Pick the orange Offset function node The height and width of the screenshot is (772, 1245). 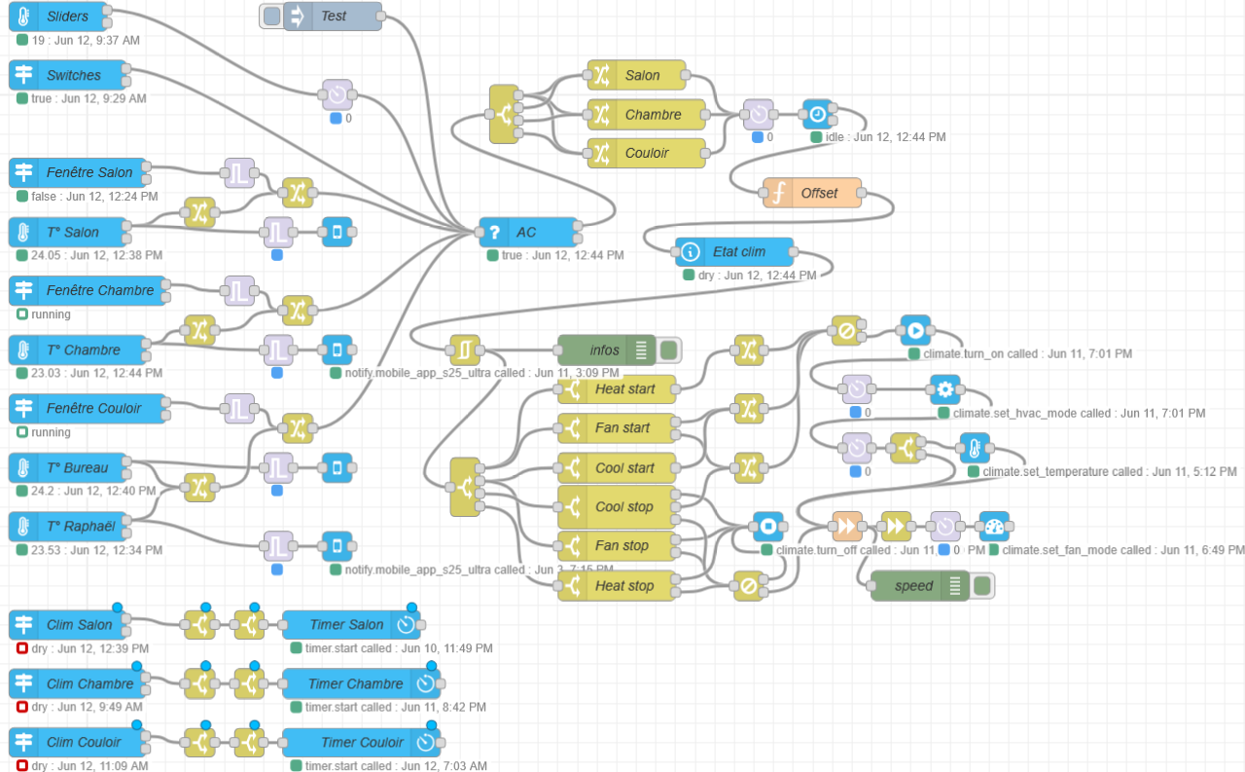pyautogui.click(x=813, y=193)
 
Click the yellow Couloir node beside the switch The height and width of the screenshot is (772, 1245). pyautogui.click(x=646, y=153)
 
